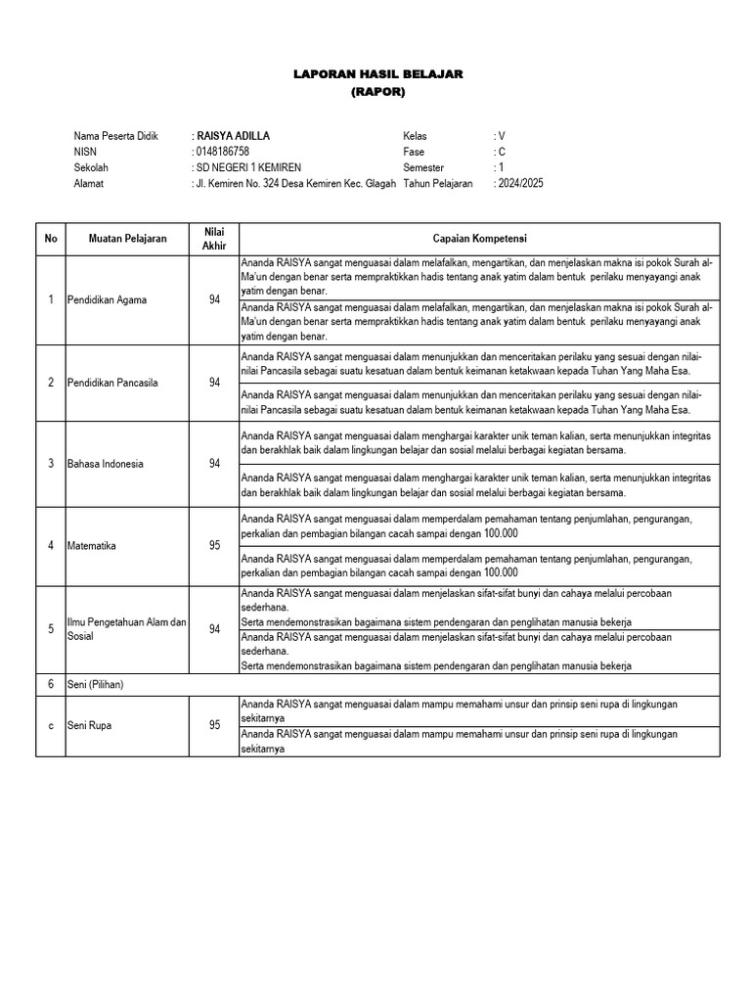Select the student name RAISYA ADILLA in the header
tap(235, 136)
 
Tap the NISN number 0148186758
tap(224, 152)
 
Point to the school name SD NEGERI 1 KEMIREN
tap(250, 167)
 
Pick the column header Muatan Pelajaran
tap(127, 238)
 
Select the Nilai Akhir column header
tap(214, 238)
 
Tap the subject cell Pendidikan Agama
tap(107, 299)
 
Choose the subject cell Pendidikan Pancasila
tap(112, 383)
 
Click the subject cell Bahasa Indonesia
tap(105, 464)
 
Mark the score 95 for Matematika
tap(214, 545)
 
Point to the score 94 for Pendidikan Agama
tap(214, 299)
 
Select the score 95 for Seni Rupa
tap(214, 726)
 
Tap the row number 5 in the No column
tap(50, 629)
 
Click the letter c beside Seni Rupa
tap(50, 726)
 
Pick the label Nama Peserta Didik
tap(115, 136)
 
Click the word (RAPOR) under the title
tap(377, 92)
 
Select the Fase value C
tap(502, 152)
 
